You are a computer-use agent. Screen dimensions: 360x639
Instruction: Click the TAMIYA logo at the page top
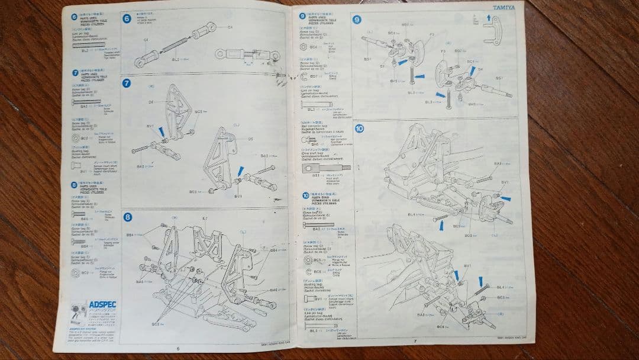pos(504,8)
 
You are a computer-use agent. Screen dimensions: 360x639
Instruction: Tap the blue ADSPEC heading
pos(104,304)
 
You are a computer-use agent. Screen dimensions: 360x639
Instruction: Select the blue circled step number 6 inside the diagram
pos(127,18)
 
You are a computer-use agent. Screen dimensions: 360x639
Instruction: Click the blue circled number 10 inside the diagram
pos(359,128)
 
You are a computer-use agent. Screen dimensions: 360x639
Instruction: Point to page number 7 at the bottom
pos(415,341)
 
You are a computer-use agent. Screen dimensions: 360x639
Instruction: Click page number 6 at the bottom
pos(177,348)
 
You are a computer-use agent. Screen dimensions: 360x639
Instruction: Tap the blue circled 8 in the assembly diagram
pos(128,216)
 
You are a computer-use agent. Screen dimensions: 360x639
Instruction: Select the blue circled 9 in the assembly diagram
pos(357,19)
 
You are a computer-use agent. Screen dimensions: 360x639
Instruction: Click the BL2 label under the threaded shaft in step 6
pos(175,59)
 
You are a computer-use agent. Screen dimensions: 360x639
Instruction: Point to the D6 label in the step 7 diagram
pos(151,102)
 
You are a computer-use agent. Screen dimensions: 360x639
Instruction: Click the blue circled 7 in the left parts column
pos(75,73)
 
